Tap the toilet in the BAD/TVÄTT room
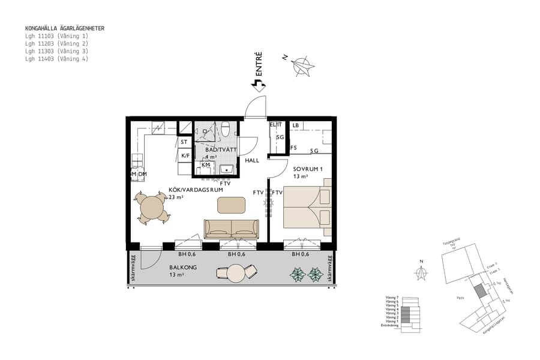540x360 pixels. [226, 128]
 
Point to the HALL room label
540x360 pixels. [251, 161]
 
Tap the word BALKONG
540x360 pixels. [182, 268]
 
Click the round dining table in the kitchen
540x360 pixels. [153, 209]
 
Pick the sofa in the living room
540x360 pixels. [231, 229]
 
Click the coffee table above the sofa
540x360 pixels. [231, 205]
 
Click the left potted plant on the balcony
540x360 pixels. [298, 275]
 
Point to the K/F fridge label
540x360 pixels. [185, 156]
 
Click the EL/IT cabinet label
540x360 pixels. [275, 125]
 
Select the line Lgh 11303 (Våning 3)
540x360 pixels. [56, 52]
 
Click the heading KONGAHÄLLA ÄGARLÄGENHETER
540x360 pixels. [65, 28]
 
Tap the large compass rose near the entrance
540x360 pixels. [303, 67]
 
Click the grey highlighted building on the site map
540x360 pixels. [479, 292]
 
